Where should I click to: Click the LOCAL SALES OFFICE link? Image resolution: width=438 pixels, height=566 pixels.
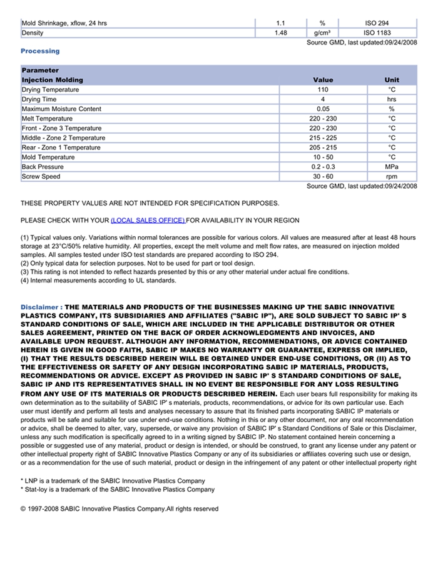coord(148,221)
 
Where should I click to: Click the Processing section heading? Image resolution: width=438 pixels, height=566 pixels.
coord(40,51)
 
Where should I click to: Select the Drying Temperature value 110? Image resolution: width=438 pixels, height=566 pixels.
coord(323,90)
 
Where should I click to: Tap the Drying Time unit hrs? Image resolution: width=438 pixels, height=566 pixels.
coord(392,99)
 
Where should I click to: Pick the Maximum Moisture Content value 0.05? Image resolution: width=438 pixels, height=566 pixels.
coord(323,109)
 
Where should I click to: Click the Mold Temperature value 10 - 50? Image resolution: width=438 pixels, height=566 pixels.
coord(323,157)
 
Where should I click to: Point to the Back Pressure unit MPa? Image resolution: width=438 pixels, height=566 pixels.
coord(392,167)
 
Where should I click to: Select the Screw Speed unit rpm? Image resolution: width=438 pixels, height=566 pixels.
coord(392,177)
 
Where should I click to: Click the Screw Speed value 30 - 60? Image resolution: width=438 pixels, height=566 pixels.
coord(323,177)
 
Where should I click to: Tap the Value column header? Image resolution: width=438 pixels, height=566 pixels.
coord(323,80)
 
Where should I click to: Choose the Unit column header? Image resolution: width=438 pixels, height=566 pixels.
coord(392,80)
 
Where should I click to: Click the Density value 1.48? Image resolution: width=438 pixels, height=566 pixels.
coord(281,32)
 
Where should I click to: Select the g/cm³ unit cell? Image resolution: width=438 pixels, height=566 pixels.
coord(322,32)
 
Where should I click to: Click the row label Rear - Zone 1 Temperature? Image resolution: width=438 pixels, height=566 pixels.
coord(61,147)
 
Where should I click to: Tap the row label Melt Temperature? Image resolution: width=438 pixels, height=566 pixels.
coord(47,119)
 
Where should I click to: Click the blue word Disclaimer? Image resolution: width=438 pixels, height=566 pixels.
coord(39,307)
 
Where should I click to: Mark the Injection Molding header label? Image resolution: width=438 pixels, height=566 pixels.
coord(52,80)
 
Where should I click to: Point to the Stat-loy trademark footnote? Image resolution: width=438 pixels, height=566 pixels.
coord(118,490)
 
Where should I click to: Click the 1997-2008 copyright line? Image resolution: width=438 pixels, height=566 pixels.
coord(120,509)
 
